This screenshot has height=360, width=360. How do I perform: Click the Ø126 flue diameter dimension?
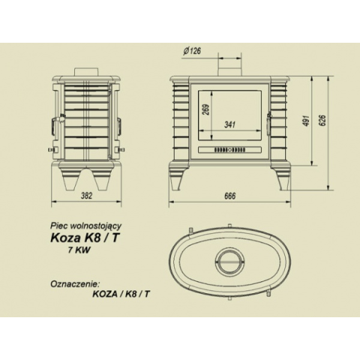[192, 51]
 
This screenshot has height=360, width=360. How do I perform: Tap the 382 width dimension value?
[86, 196]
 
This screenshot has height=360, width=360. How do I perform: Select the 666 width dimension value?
[230, 196]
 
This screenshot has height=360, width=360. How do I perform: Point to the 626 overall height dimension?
[323, 121]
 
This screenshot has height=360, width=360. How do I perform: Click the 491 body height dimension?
[307, 121]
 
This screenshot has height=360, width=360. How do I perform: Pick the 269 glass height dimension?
[206, 109]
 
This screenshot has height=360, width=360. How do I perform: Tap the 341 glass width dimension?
[230, 124]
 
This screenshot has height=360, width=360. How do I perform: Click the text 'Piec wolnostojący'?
[86, 226]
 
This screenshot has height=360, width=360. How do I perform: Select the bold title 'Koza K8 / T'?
[84, 238]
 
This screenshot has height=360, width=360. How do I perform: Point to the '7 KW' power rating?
[79, 250]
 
